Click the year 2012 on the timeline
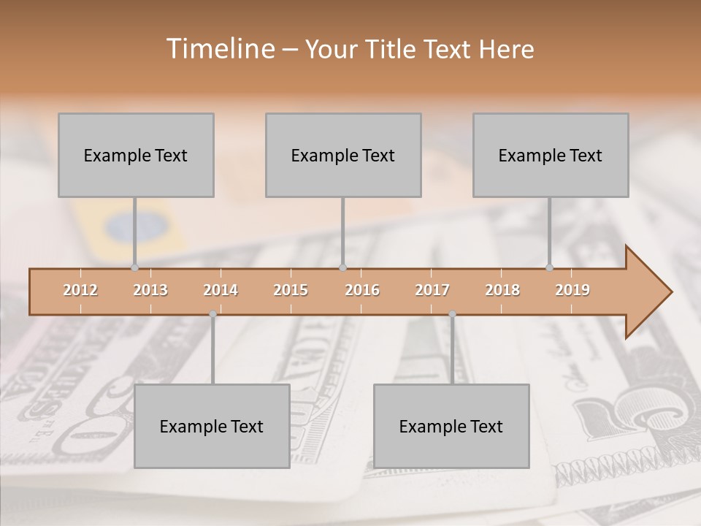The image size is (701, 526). pyautogui.click(x=80, y=290)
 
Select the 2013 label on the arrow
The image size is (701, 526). pyautogui.click(x=150, y=290)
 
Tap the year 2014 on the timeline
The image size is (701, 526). pyautogui.click(x=221, y=290)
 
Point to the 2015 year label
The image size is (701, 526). pyautogui.click(x=291, y=290)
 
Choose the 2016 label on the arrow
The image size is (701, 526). pyautogui.click(x=362, y=290)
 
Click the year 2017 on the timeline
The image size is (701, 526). pyautogui.click(x=432, y=290)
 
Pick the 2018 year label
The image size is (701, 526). pyautogui.click(x=502, y=290)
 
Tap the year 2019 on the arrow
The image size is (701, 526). pyautogui.click(x=572, y=290)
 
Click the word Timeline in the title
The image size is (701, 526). pyautogui.click(x=219, y=49)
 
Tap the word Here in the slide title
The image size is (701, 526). pyautogui.click(x=506, y=49)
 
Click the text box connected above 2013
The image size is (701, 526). pyautogui.click(x=136, y=155)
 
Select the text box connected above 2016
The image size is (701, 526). pyautogui.click(x=343, y=155)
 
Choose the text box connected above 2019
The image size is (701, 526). pyautogui.click(x=551, y=155)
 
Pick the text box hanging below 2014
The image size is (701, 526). pyautogui.click(x=212, y=426)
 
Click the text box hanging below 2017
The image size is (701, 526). pyautogui.click(x=451, y=426)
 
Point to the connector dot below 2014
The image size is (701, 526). pyautogui.click(x=212, y=314)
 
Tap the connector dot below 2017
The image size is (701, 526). pyautogui.click(x=452, y=314)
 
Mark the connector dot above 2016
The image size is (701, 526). pyautogui.click(x=343, y=267)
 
